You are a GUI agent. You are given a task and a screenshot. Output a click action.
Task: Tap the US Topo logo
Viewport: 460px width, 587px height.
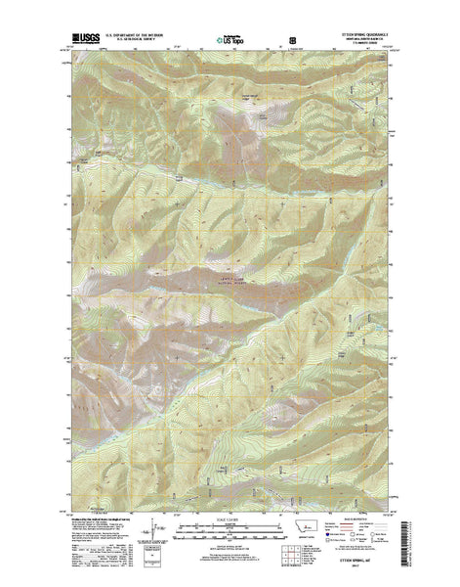[x=230, y=42]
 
